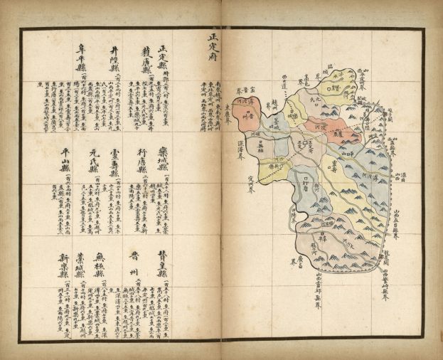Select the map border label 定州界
point(250,189)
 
